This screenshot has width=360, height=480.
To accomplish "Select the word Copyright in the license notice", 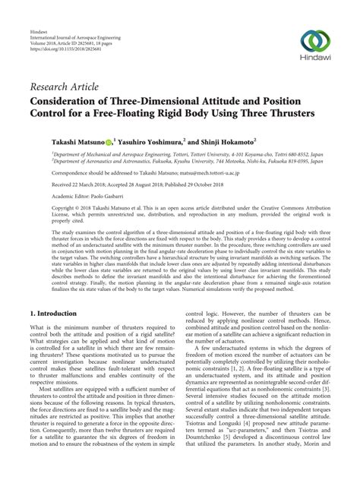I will pyautogui.click(x=46, y=207).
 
